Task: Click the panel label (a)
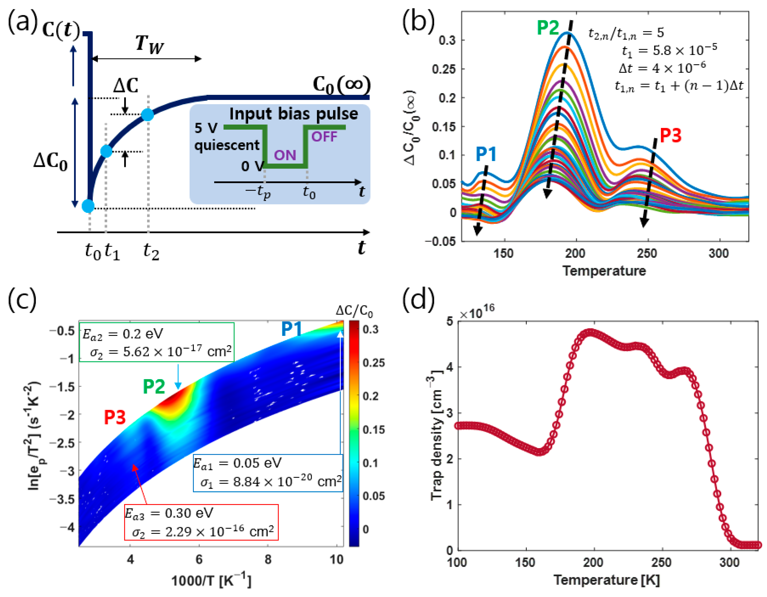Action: (22, 22)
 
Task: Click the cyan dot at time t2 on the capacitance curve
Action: (148, 114)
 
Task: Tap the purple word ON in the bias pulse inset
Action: (285, 155)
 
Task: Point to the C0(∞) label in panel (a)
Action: (341, 85)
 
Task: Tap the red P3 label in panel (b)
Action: (670, 135)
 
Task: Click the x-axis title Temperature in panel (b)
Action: (604, 271)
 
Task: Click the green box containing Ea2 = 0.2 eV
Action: (157, 342)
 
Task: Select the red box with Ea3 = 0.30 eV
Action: (201, 522)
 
